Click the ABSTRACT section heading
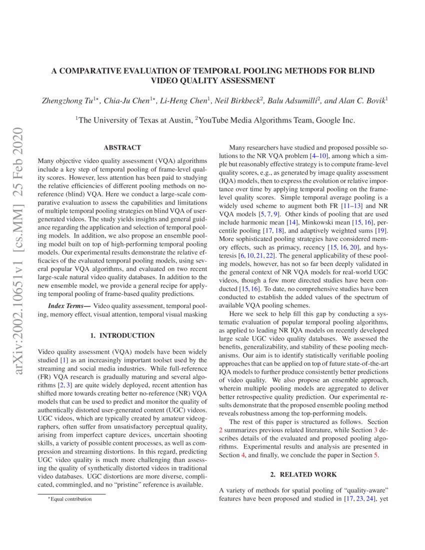pyautogui.click(x=122, y=147)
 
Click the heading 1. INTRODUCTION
pyautogui.click(x=122, y=335)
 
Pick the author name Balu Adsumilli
pyautogui.click(x=290, y=100)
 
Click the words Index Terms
pyautogui.click(x=68, y=305)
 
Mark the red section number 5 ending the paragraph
pyautogui.click(x=376, y=455)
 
